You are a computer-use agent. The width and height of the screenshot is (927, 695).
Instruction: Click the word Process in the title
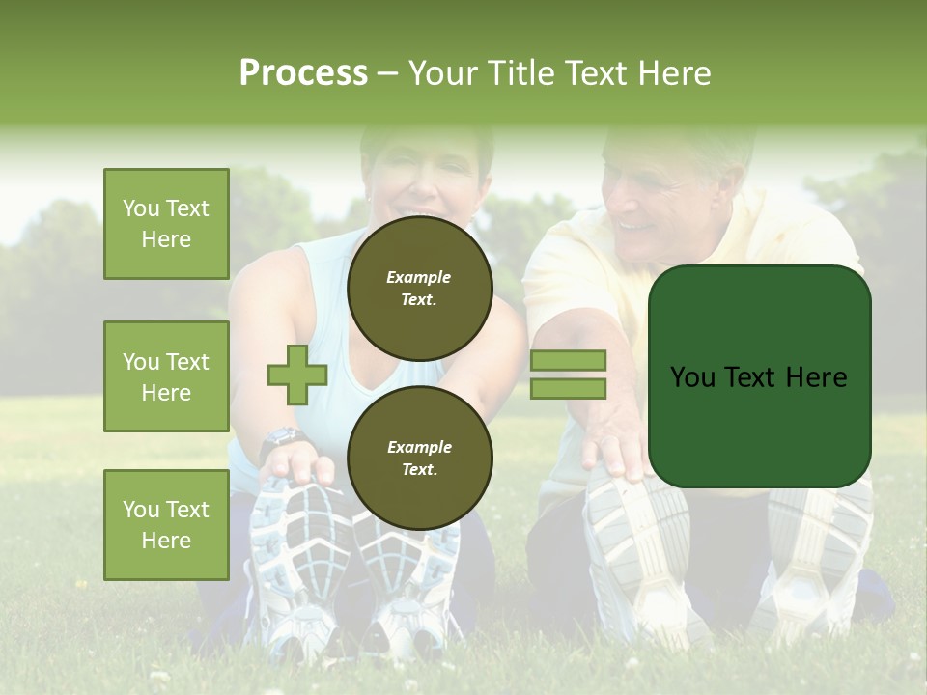303,73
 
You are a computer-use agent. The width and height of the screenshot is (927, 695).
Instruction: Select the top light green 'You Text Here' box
166,224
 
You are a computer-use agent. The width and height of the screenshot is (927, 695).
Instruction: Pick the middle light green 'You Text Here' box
166,376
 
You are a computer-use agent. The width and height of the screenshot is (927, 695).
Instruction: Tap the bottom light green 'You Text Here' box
166,524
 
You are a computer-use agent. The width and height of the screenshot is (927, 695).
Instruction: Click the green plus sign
297,375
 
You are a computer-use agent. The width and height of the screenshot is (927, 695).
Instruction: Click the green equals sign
568,375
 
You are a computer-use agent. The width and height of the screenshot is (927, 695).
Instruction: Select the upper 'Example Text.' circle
419,289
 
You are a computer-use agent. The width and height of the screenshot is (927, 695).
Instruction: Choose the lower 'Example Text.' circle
419,459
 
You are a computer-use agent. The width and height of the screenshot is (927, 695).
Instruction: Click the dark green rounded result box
759,376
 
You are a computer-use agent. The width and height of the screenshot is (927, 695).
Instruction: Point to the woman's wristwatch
281,438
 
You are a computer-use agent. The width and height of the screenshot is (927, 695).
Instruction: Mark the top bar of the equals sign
568,360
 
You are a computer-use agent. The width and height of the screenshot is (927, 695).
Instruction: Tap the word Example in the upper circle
419,278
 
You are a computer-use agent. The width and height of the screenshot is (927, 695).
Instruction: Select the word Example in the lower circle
419,448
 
